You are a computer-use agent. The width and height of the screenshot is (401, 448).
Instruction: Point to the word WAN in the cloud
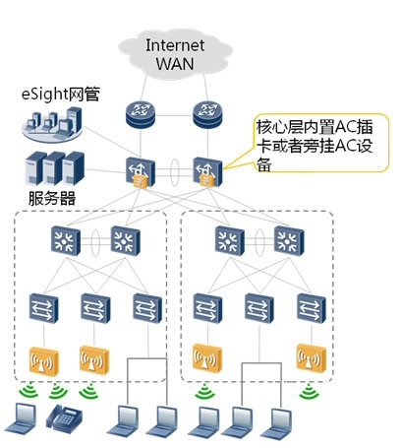pyautogui.click(x=175, y=63)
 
